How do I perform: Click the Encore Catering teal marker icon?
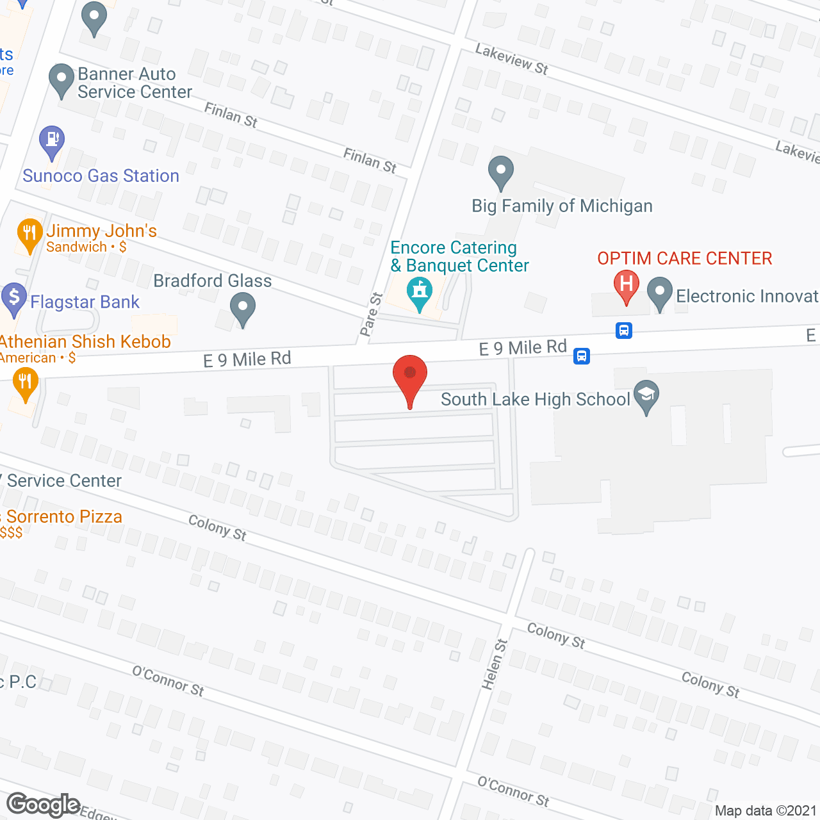[420, 292]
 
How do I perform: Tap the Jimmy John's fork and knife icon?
[29, 234]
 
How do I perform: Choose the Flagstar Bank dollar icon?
[13, 299]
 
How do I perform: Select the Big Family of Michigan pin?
[501, 172]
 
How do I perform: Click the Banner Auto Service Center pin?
[61, 79]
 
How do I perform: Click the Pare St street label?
[371, 315]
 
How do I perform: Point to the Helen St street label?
[494, 664]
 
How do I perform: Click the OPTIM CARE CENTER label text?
[684, 258]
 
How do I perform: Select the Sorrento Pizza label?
[64, 516]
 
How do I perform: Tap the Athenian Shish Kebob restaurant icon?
[25, 384]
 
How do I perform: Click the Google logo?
[43, 805]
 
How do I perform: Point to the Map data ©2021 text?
[766, 811]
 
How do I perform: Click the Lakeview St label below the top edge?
[511, 59]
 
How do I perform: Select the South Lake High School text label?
[535, 399]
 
